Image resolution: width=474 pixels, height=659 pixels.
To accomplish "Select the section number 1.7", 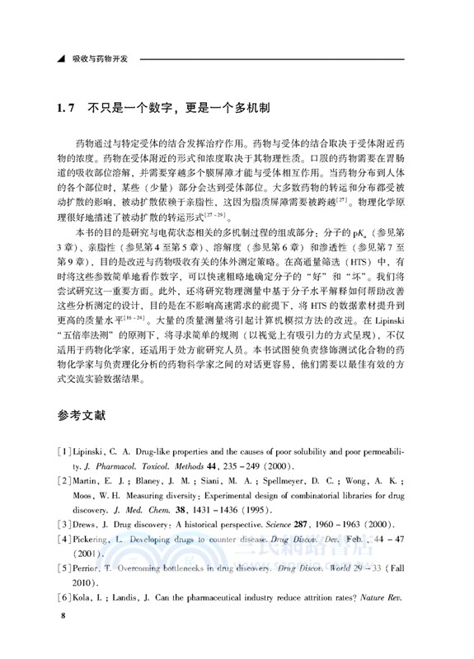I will pyautogui.click(x=65, y=109).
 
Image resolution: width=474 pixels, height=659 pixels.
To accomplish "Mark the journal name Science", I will pyautogui.click(x=277, y=525).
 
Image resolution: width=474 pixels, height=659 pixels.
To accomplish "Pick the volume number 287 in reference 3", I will pyautogui.click(x=307, y=525).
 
